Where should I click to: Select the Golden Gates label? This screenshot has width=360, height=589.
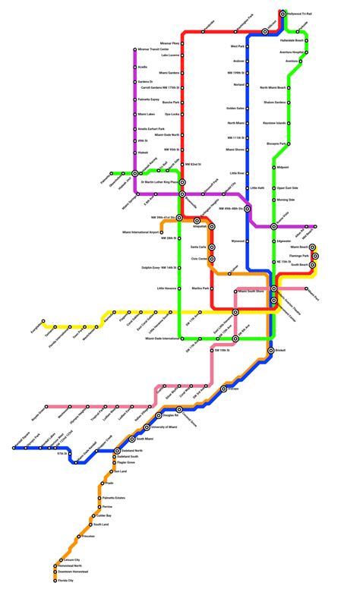point(235,108)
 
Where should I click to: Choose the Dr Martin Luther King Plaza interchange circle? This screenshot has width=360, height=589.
point(182,182)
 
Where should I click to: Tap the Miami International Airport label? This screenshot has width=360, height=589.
point(143,232)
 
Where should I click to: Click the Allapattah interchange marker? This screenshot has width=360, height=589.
point(197,220)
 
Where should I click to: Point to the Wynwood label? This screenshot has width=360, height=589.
point(238,241)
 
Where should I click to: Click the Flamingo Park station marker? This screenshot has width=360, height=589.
point(314,256)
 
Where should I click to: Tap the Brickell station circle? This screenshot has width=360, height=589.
point(270,351)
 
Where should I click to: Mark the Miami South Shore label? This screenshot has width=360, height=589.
point(251,291)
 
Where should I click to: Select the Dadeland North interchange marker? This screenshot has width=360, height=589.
point(117,451)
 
